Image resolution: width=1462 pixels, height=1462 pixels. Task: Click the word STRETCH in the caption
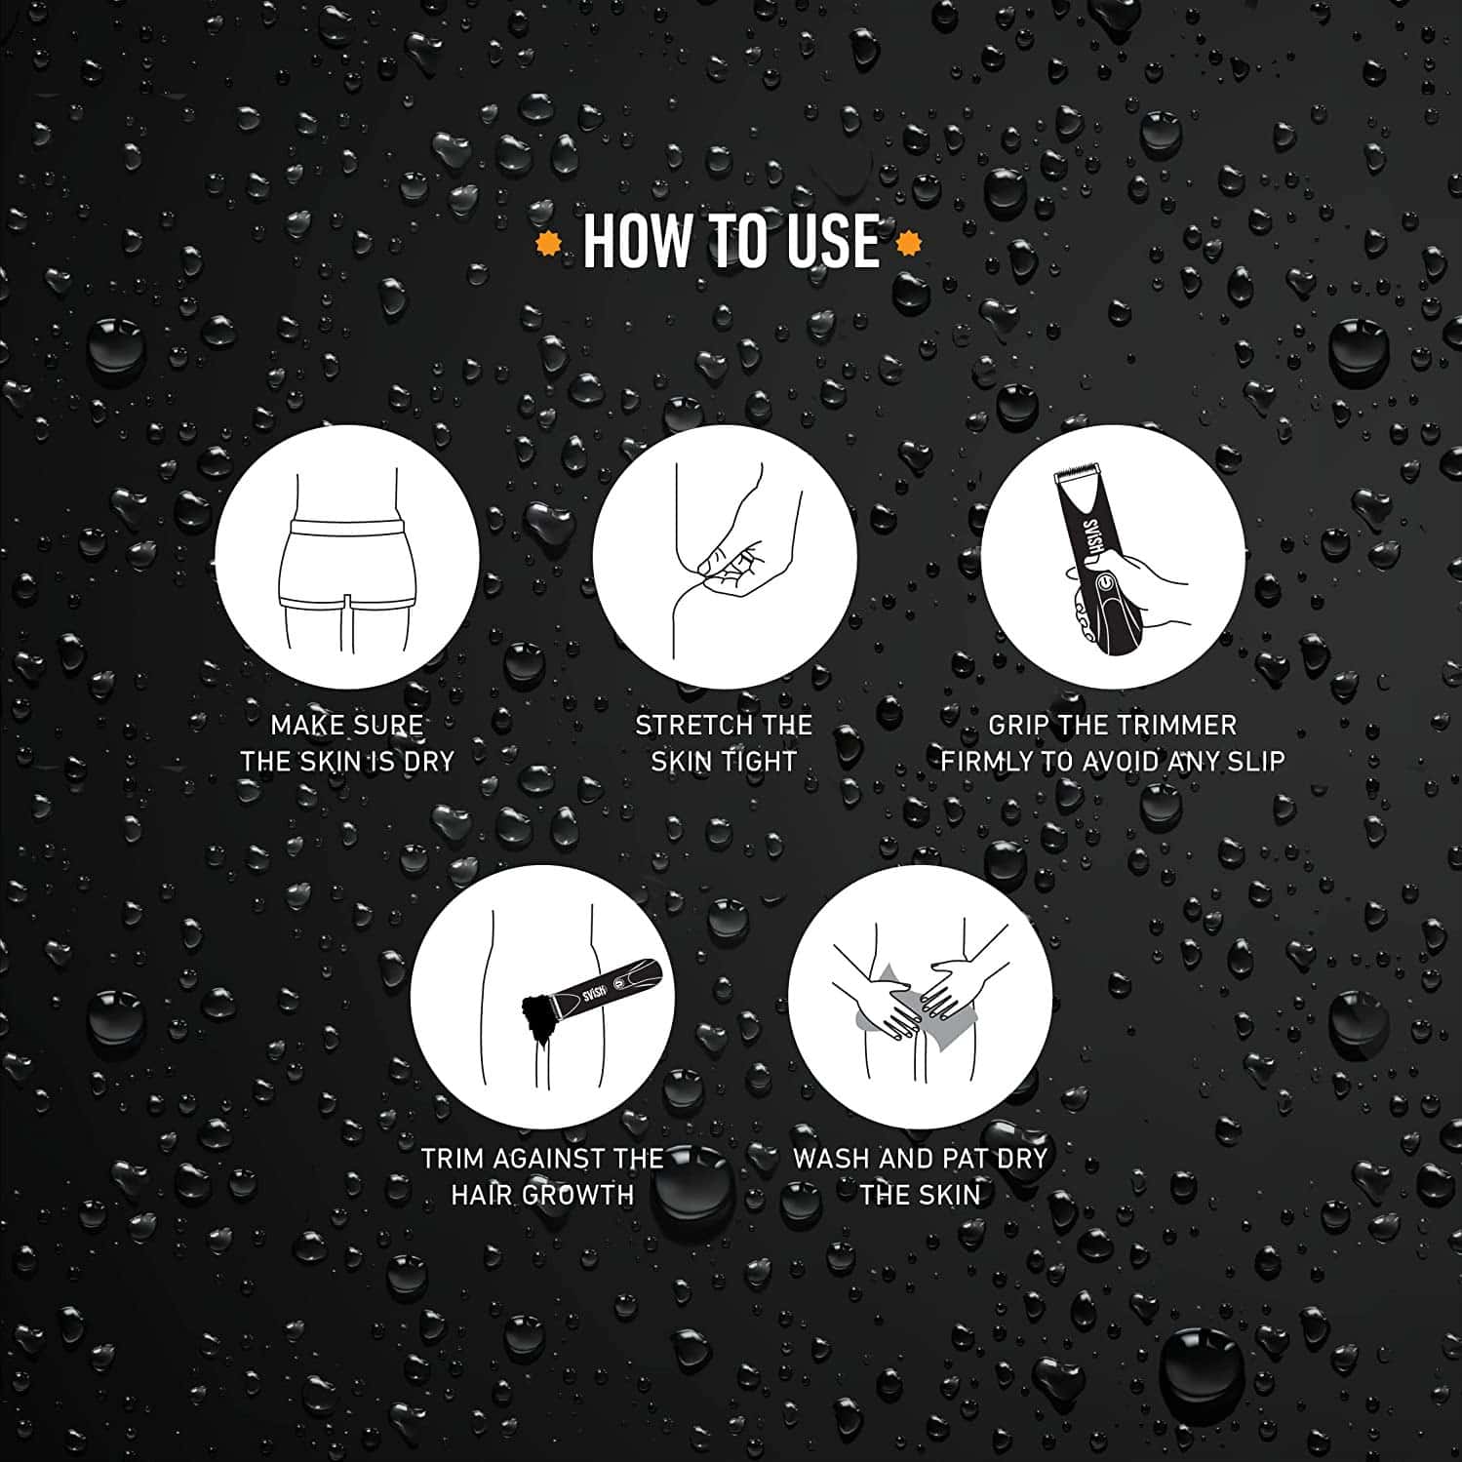click(x=683, y=725)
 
